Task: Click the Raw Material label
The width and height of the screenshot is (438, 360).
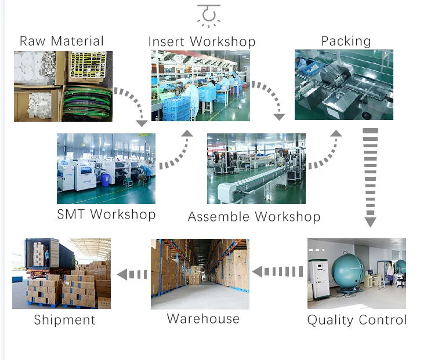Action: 61,41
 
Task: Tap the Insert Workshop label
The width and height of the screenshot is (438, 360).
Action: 201,42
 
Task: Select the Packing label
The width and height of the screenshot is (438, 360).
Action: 346,41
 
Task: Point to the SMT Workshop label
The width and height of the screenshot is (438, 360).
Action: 106,214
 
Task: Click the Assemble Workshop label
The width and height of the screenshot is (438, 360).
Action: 254,217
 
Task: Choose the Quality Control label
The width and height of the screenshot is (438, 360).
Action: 357,319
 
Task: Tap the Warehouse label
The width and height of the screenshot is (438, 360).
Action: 203,318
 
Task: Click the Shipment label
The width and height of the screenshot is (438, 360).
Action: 64,319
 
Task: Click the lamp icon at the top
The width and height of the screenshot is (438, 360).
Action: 209,15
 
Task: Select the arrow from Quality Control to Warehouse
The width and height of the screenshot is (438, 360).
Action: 278,271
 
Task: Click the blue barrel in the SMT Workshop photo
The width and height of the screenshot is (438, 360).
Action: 106,180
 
